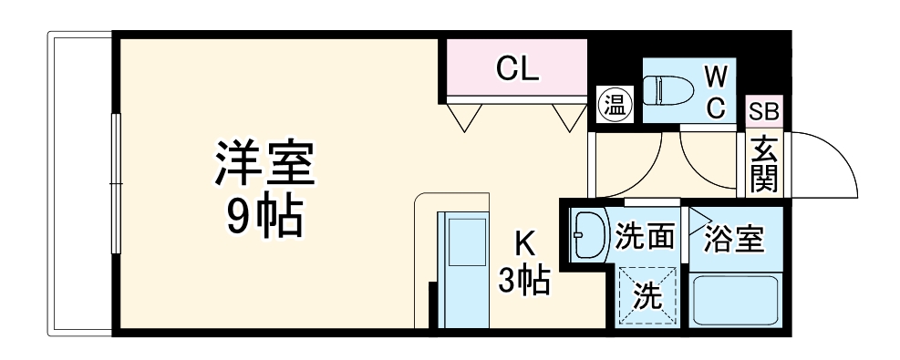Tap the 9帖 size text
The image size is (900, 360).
(x=264, y=217)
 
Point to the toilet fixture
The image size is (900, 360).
(x=665, y=89)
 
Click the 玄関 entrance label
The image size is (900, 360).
(x=764, y=164)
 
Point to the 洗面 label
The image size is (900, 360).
(x=645, y=237)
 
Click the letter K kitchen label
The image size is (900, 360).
(x=523, y=244)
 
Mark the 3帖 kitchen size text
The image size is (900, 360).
(x=523, y=281)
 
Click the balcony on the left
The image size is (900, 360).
(x=79, y=182)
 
